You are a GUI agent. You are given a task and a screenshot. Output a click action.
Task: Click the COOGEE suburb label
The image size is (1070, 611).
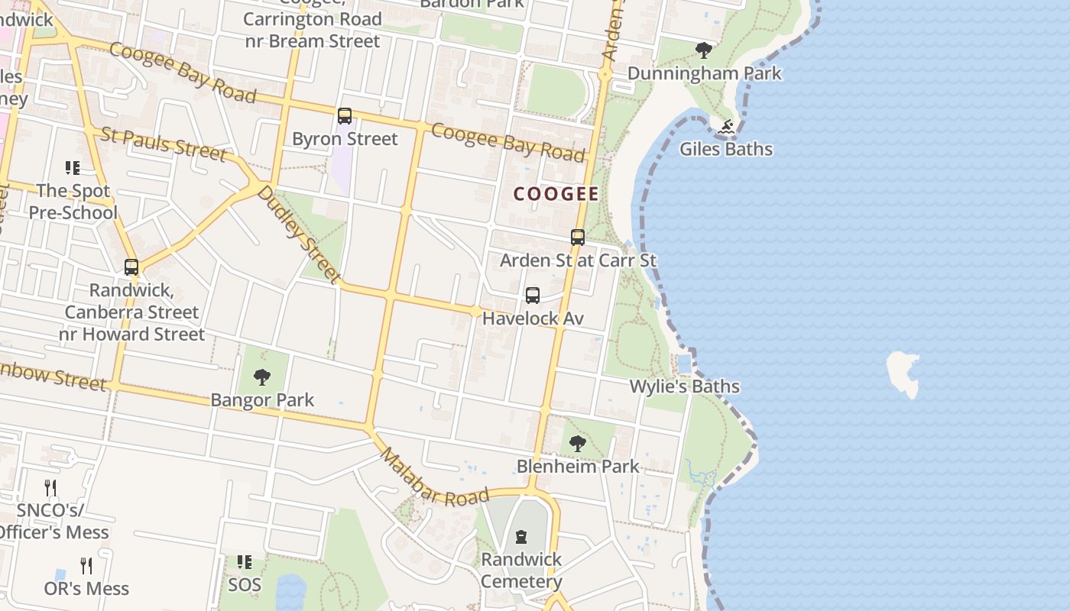(556, 194)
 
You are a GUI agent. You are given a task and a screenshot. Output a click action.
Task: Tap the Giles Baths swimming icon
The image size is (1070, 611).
(726, 127)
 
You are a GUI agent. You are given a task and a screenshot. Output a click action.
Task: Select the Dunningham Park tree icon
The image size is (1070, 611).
(704, 51)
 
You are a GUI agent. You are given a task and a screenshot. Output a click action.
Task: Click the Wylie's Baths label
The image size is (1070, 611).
(684, 386)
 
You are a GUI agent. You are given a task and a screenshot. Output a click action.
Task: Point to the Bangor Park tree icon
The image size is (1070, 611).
(262, 377)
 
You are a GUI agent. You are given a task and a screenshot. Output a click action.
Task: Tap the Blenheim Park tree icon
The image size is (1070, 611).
(578, 443)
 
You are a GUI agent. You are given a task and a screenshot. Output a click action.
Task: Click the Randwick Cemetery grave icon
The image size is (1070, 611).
(521, 537)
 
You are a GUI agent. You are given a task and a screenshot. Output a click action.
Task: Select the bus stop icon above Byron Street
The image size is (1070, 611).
(345, 116)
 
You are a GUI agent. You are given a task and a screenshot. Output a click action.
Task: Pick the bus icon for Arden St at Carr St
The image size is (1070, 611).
(578, 238)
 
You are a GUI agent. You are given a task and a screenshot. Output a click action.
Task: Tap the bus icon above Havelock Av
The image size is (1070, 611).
(533, 296)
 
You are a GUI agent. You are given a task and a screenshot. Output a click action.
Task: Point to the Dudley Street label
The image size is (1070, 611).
(297, 234)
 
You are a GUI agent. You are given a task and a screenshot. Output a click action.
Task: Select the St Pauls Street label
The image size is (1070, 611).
(164, 144)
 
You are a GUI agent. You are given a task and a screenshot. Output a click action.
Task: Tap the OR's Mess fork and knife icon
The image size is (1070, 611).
(86, 566)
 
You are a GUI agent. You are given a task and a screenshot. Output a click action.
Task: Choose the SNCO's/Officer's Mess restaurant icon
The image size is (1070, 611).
(50, 488)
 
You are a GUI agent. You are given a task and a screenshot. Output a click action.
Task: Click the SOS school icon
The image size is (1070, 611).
(245, 563)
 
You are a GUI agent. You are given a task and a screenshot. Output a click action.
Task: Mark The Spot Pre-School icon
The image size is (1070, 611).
(73, 168)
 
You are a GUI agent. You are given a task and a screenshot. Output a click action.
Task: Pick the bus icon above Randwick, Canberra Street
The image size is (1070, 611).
(131, 267)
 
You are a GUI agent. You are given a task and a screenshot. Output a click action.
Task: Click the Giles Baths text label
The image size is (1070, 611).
(726, 149)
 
